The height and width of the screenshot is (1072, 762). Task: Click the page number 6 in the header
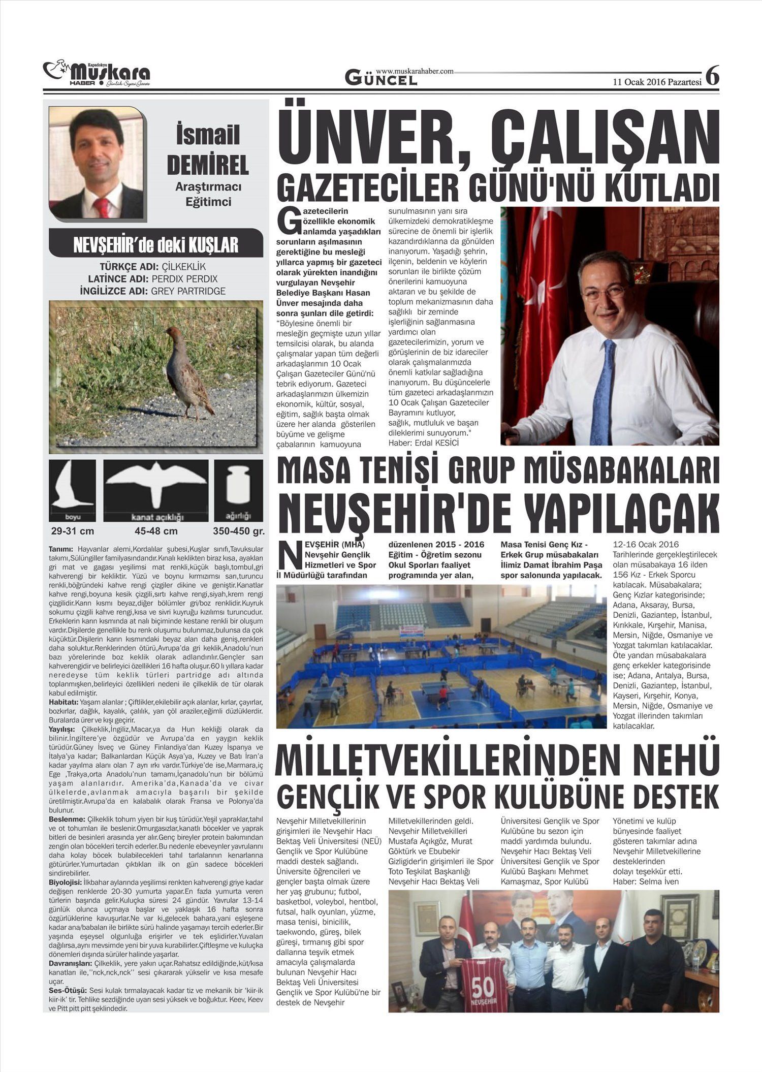713,76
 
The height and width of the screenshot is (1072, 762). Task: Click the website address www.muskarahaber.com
415,71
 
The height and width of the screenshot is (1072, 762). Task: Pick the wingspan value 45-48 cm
156,531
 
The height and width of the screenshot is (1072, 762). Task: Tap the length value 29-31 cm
73,531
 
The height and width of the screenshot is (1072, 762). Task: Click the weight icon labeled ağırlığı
238,490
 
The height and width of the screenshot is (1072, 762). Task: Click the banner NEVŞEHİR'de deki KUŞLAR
155,244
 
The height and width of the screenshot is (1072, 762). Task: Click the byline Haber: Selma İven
646,881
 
